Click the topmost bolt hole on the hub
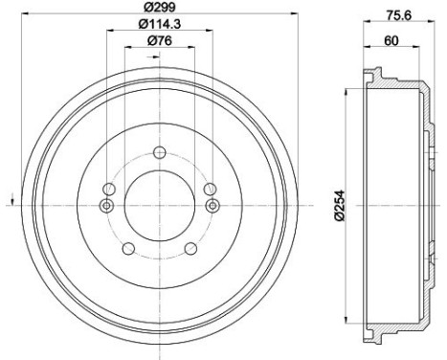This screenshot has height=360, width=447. click(x=159, y=151)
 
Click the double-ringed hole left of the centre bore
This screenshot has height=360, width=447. click(x=107, y=206)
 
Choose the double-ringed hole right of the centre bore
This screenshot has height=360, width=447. click(x=212, y=206)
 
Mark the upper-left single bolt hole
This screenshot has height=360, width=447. click(x=113, y=187)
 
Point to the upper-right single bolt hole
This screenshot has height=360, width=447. click(x=205, y=187)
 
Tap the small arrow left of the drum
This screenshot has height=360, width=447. click(x=10, y=199)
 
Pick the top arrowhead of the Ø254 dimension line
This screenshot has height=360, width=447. click(x=346, y=91)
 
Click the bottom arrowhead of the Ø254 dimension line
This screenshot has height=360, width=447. click(x=346, y=321)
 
